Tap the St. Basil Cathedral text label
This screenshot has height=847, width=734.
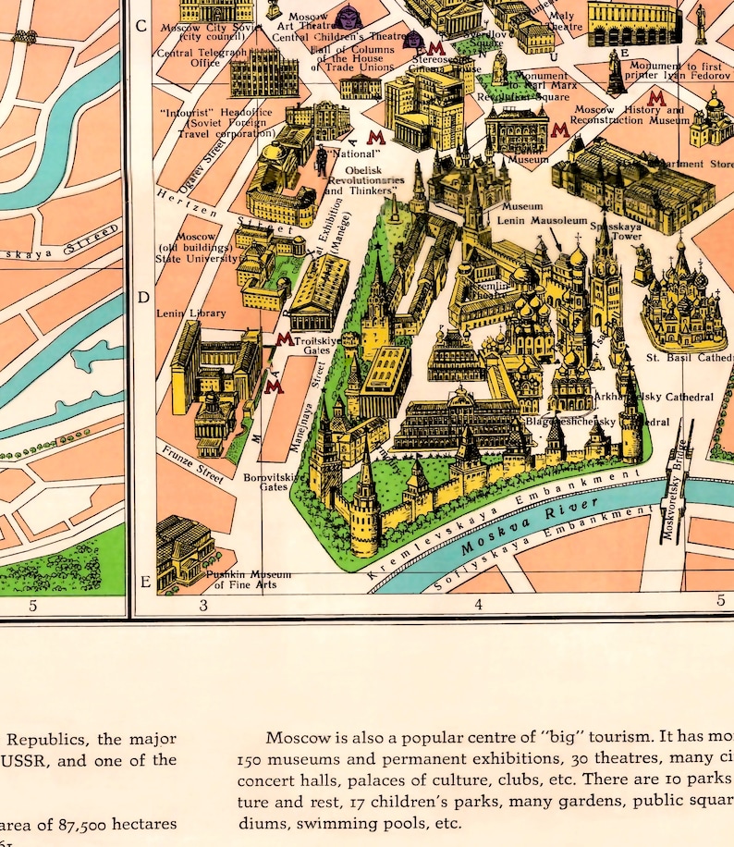point(689,358)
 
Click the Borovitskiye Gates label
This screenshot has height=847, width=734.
point(274,482)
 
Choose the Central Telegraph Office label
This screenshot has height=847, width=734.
point(202,58)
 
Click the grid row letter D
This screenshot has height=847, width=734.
point(142,298)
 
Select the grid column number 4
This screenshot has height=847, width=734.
point(479,606)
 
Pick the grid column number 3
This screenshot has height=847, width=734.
point(203,606)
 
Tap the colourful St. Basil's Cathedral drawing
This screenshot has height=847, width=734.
point(681,296)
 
